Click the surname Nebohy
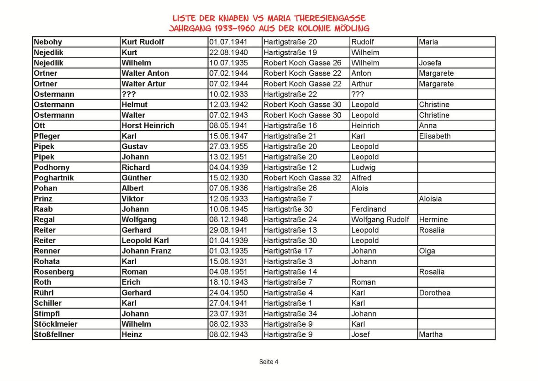[x=48, y=42]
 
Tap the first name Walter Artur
[x=143, y=84]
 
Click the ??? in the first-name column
[x=129, y=94]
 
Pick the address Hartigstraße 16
[x=290, y=126]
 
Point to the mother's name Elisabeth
[x=434, y=136]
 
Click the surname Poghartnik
[x=53, y=178]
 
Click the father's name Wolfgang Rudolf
[x=380, y=220]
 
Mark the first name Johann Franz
[x=146, y=251]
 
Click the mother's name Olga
[x=427, y=251]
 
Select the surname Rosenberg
[x=54, y=272]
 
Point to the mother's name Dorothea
[x=435, y=293]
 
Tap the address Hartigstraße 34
[x=290, y=314]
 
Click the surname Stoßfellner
[x=54, y=334]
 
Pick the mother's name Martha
[x=431, y=334]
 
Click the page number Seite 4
[x=269, y=362]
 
